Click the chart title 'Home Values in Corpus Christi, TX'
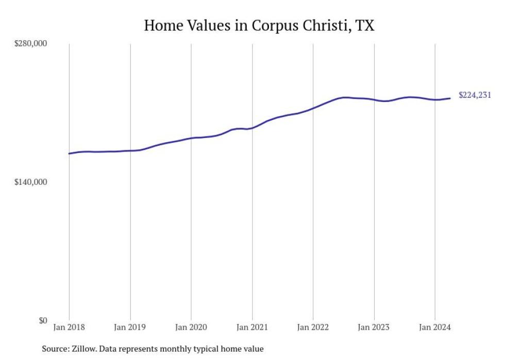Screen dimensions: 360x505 [259, 25]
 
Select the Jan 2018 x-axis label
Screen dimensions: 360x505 [69, 328]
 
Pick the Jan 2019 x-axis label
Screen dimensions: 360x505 [130, 328]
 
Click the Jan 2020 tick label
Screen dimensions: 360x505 [191, 328]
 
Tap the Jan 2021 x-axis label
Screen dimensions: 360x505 [252, 328]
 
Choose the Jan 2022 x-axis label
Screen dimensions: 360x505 [313, 328]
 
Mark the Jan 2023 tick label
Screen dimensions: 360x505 [374, 328]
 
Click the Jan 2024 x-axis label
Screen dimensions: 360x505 [435, 328]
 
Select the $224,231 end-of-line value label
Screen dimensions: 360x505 [474, 95]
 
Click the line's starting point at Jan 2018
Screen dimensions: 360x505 [69, 153]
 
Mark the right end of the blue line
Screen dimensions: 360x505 [450, 98]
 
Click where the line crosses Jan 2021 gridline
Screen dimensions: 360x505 [252, 128]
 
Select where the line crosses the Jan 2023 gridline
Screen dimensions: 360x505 [374, 99]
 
